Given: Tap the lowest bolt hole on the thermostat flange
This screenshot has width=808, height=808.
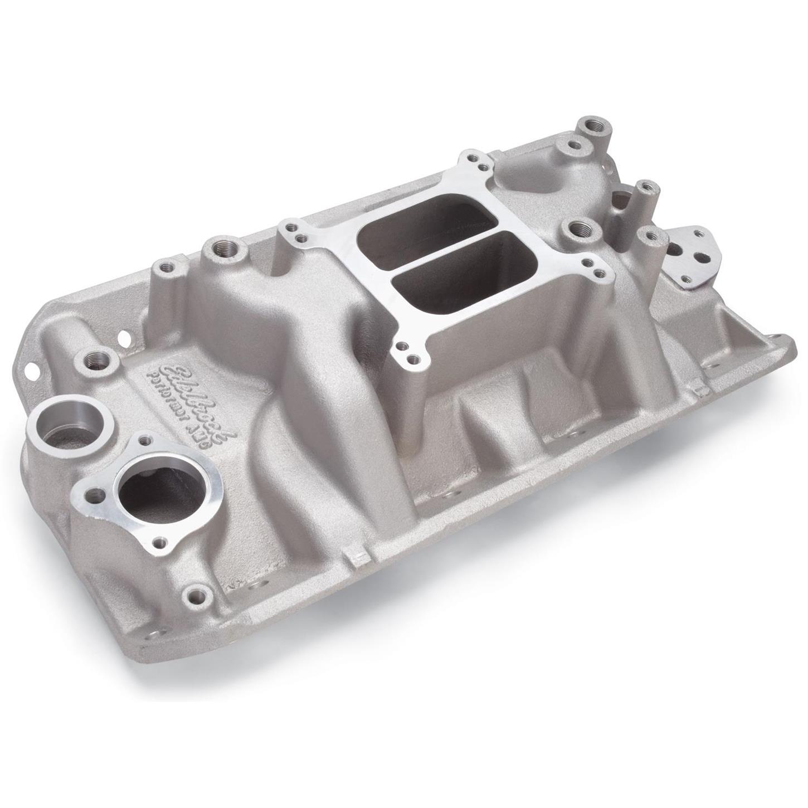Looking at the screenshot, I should click(x=161, y=540).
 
